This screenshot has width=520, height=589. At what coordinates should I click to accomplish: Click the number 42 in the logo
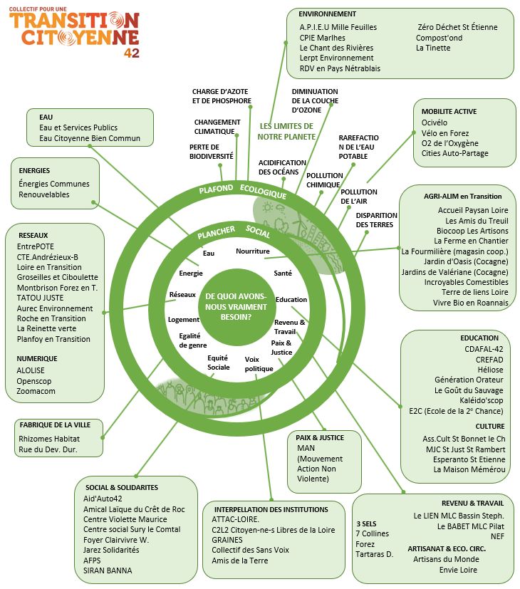click(x=132, y=53)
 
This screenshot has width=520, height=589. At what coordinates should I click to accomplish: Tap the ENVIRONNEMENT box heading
click(x=327, y=14)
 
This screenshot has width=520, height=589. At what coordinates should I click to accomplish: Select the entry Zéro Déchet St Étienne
click(x=457, y=27)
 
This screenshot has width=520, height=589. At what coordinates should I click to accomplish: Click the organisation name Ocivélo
click(x=435, y=123)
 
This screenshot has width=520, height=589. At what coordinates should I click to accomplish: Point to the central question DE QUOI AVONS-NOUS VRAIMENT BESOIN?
click(x=236, y=306)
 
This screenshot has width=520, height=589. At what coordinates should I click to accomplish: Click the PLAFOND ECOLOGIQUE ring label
click(x=243, y=191)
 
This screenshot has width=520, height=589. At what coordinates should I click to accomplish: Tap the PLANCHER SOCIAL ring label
click(x=234, y=231)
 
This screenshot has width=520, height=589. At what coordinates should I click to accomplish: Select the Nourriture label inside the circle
click(x=252, y=251)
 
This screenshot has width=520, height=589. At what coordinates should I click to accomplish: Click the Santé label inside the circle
click(x=283, y=273)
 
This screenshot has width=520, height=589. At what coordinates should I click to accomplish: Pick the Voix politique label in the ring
click(x=259, y=364)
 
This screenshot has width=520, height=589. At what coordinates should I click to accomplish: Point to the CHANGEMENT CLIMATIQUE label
click(x=217, y=127)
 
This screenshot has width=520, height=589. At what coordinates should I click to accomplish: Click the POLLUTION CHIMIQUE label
click(x=325, y=180)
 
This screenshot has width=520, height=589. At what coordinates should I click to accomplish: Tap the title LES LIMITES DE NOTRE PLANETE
click(x=286, y=131)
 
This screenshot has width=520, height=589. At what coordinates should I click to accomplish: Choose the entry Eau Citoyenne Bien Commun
click(x=90, y=138)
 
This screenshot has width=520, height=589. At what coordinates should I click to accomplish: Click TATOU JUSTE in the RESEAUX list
click(x=40, y=298)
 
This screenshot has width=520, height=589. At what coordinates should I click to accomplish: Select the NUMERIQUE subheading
click(x=37, y=359)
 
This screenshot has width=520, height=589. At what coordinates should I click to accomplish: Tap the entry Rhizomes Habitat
click(x=49, y=439)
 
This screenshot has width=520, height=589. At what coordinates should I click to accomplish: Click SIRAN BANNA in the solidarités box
click(x=108, y=570)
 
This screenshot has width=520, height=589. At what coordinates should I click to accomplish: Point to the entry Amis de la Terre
click(x=240, y=561)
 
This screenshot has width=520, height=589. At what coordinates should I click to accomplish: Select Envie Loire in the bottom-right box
click(x=458, y=570)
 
